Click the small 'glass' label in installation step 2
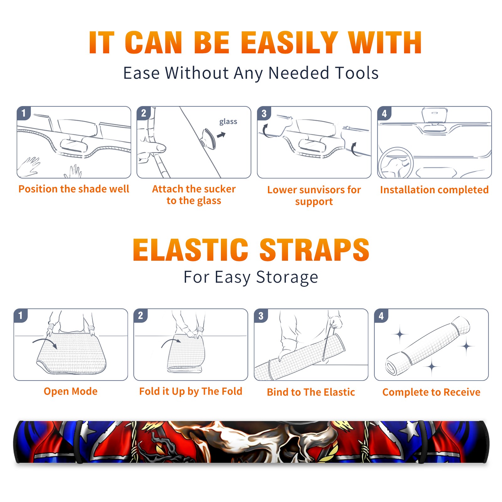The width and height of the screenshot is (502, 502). (x=228, y=122)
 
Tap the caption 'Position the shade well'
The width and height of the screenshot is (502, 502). (x=74, y=189)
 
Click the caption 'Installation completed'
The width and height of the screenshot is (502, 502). (x=434, y=190)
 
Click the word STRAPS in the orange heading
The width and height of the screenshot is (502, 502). (x=314, y=250)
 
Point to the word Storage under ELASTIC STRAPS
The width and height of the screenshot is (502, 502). (x=287, y=277)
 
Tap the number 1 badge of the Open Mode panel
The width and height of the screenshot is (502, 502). (x=21, y=315)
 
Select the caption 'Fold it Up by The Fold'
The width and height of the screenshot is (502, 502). (x=191, y=391)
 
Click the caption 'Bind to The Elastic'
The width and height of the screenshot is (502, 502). (x=311, y=392)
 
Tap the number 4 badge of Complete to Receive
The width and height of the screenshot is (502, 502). (x=381, y=316)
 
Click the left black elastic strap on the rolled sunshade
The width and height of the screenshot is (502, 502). (x=80, y=442)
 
